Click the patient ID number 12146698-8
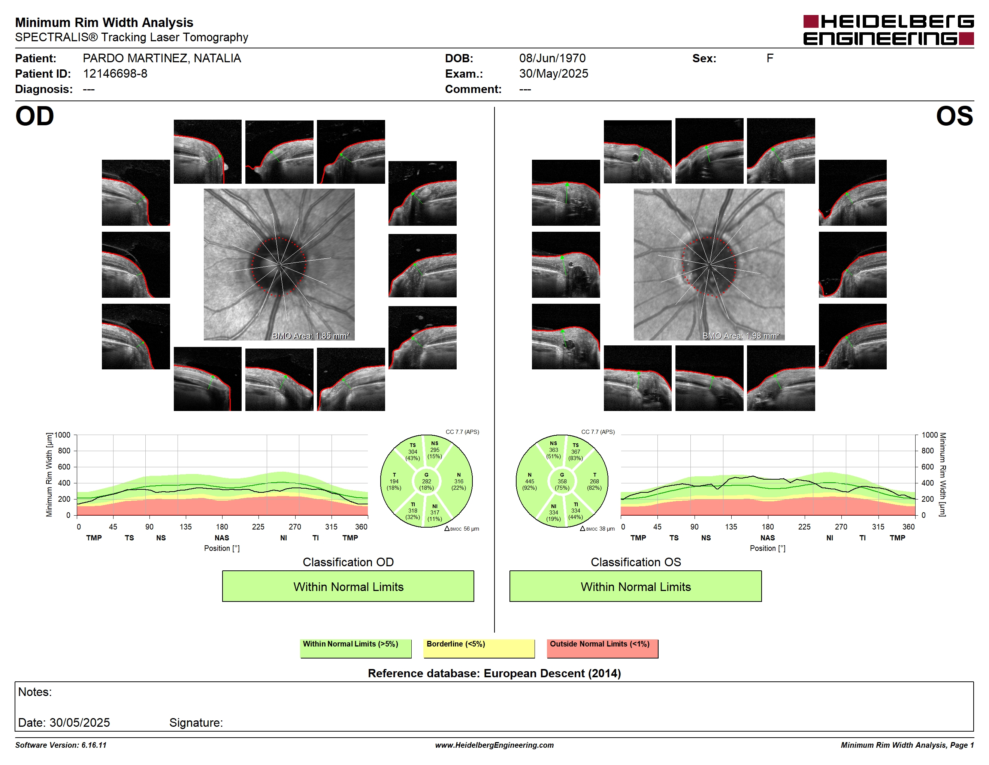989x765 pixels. point(115,74)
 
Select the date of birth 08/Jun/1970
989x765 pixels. point(552,58)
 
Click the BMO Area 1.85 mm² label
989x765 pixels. point(311,336)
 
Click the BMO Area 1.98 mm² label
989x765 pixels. point(741,336)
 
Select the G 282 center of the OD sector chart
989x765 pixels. point(426,481)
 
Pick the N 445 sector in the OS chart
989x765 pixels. point(529,481)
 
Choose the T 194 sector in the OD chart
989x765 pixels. point(394,481)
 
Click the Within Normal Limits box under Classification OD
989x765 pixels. point(348,586)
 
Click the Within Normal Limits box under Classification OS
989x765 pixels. point(635,586)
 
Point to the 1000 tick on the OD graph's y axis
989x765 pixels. point(63,435)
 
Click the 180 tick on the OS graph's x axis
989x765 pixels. point(768,526)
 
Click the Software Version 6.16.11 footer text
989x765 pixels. point(61,745)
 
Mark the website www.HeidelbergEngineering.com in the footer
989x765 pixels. point(494,745)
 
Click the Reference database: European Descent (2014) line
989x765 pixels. point(494,673)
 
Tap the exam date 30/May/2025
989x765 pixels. point(553,74)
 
